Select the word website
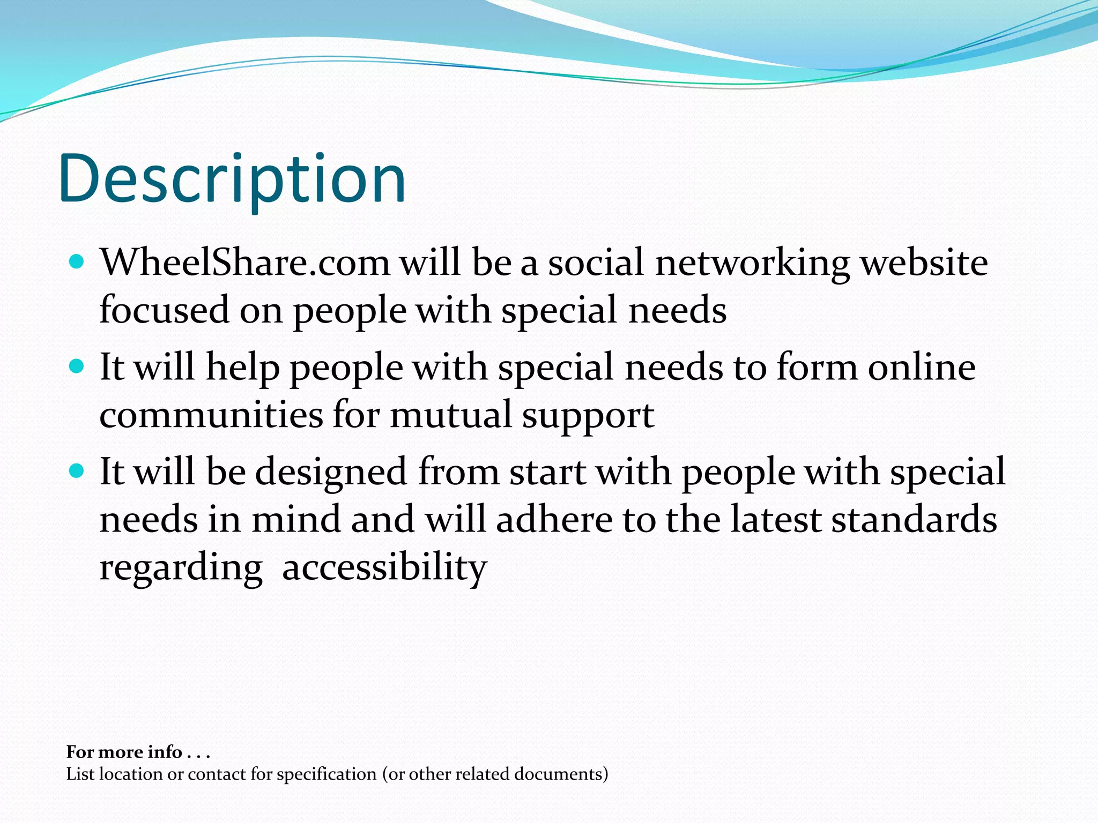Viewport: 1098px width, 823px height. click(x=924, y=263)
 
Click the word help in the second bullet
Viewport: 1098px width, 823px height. click(x=243, y=368)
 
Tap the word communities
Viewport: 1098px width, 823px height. click(x=211, y=415)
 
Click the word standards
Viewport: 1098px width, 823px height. click(x=914, y=520)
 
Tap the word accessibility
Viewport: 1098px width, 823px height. click(x=384, y=567)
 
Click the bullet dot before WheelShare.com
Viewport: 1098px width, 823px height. click(x=77, y=262)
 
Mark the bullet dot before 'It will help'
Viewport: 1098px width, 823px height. click(x=77, y=367)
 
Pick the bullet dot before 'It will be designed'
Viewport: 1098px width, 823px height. click(x=77, y=472)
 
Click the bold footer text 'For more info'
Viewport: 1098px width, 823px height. click(x=124, y=752)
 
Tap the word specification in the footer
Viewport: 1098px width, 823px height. click(x=327, y=775)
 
